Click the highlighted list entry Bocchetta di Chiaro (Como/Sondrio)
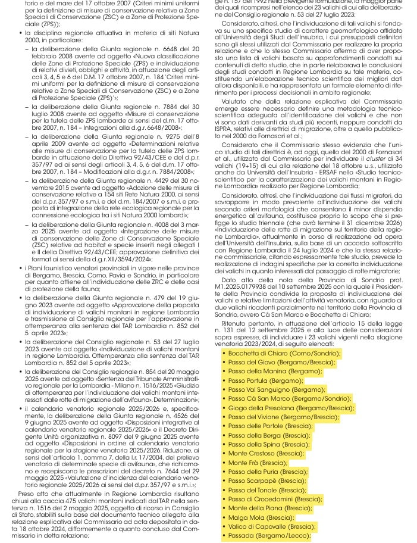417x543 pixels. (276, 353)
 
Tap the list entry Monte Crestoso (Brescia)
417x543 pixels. (265, 453)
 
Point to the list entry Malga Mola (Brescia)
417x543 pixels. (261, 517)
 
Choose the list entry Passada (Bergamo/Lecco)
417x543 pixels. (269, 535)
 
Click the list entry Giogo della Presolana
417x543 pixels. (291, 408)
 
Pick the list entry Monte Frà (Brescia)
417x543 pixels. (258, 462)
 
